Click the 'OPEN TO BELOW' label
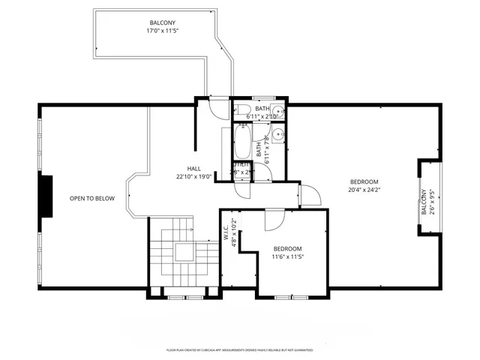point(92,198)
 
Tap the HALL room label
point(194,169)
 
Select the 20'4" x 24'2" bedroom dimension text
point(364,190)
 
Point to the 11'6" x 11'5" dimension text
point(287,257)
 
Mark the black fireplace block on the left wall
point(46,196)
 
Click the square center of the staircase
point(184,252)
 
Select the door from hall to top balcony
point(217,109)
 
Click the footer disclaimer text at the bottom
point(239,350)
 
